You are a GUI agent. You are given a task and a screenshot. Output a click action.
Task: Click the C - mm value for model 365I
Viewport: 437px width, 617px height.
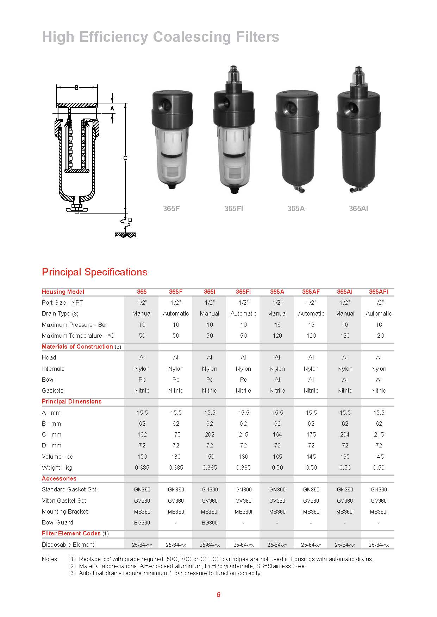tap(210, 434)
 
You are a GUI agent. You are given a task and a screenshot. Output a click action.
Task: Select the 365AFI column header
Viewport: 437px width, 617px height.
tap(379, 292)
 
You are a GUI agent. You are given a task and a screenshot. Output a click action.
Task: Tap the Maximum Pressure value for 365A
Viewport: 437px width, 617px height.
tap(277, 325)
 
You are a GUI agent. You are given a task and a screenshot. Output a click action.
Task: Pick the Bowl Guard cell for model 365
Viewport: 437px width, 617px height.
tap(142, 522)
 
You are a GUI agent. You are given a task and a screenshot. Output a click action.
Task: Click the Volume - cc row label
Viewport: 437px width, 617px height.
tap(57, 457)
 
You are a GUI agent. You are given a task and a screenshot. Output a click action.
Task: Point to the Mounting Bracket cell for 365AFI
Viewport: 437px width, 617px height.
tap(379, 511)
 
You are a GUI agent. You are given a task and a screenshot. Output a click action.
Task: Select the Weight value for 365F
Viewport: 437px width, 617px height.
tap(176, 467)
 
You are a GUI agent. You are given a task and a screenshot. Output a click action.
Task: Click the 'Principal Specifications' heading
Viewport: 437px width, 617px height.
tap(94, 272)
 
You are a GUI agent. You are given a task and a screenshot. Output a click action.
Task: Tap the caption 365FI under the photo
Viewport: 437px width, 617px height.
tap(233, 209)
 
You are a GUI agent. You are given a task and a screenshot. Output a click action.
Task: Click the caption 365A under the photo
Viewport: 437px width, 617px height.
tap(296, 209)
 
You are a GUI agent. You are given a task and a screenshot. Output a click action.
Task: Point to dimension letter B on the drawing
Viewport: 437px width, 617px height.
tap(77, 88)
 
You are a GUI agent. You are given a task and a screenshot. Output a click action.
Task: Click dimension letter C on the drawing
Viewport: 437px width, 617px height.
tap(125, 158)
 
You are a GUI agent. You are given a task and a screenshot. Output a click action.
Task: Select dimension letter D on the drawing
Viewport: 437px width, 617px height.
tap(130, 220)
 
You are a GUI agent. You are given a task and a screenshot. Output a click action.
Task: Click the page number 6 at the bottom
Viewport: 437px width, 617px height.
tap(218, 594)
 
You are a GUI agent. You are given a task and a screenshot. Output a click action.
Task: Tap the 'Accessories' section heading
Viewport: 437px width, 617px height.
tap(59, 478)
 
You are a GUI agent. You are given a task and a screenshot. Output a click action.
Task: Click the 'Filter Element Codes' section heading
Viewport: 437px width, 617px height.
tap(71, 533)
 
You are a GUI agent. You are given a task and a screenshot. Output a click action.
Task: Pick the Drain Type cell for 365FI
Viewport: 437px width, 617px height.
tap(243, 313)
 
